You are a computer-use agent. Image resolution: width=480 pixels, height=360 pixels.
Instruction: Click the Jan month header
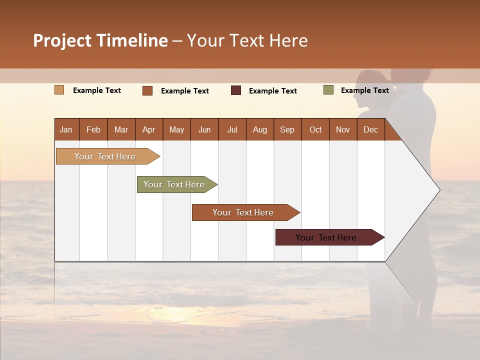point(66,129)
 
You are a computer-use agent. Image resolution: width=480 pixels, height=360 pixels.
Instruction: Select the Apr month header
point(149,129)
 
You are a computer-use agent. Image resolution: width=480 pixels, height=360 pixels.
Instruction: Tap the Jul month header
point(232,129)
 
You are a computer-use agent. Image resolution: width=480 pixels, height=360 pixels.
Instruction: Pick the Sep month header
point(287,129)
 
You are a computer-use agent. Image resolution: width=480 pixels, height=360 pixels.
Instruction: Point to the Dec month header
point(370,129)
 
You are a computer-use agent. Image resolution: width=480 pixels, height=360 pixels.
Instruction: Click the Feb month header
point(93,129)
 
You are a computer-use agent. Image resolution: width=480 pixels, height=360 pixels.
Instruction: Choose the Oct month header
point(315,129)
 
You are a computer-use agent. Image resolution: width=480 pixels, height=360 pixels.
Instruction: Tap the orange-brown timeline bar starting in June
point(243,212)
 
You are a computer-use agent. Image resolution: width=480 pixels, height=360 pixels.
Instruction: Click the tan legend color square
point(59,90)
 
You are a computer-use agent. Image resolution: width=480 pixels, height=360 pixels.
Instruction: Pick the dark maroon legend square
point(236,90)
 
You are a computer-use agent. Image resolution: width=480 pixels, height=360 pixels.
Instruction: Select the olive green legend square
point(328,90)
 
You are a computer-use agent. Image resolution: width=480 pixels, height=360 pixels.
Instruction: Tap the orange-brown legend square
point(147,90)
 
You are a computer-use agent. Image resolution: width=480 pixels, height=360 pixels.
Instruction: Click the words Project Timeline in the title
point(100,40)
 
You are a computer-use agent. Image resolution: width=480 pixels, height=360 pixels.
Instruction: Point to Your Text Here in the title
point(247,40)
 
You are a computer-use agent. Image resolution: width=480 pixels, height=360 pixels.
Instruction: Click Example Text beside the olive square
point(364,90)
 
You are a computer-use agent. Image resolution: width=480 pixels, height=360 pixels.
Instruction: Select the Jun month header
point(204,129)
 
